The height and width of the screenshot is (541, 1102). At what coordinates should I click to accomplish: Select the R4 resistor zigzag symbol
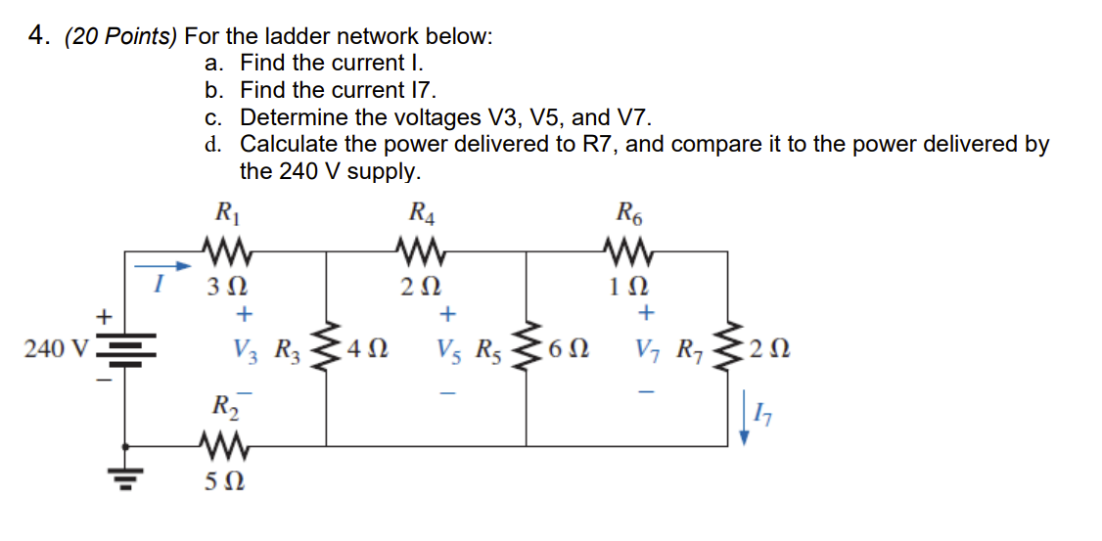coord(422,251)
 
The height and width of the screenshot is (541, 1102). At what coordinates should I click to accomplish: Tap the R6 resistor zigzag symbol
coord(626,251)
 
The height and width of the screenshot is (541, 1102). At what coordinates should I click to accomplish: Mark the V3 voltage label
coord(246,349)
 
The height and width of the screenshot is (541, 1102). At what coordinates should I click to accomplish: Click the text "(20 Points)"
coord(121,37)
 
